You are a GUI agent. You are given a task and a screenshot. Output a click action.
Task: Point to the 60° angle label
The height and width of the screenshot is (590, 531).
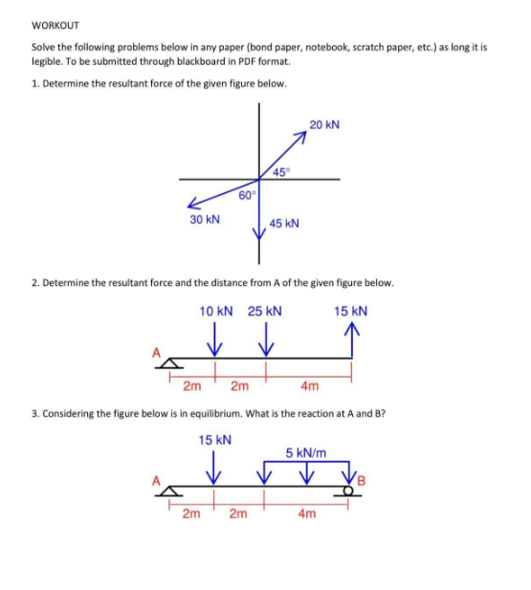(x=247, y=195)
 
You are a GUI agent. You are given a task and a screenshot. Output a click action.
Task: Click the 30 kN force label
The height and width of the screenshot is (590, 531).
(x=204, y=219)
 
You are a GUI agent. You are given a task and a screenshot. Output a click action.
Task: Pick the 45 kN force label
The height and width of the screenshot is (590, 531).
(x=285, y=223)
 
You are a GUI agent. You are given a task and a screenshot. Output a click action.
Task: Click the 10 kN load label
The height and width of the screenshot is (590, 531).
(x=216, y=311)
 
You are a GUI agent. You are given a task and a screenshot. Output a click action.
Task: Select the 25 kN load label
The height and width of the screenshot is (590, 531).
(x=265, y=311)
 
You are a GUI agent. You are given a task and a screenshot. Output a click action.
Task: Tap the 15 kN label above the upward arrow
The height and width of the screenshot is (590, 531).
(x=351, y=311)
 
